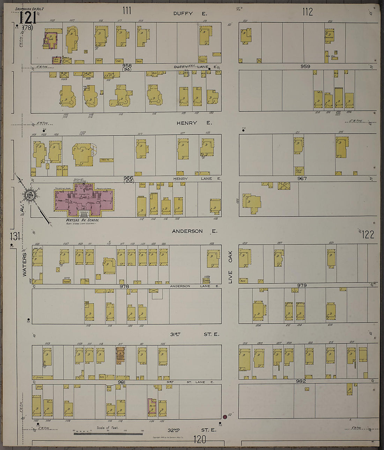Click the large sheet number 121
[x=26, y=17]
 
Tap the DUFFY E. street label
[x=190, y=14]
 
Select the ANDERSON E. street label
[x=194, y=231]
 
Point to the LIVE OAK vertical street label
[x=230, y=267]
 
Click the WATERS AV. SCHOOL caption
[x=82, y=220]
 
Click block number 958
[x=127, y=66]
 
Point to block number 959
[x=305, y=66]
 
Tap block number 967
[x=302, y=178]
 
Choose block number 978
[x=124, y=287]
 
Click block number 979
[x=302, y=285]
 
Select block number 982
[x=301, y=381]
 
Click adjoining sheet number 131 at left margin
[x=15, y=236]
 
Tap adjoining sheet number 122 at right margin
[x=368, y=235]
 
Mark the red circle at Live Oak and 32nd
[x=225, y=417]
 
